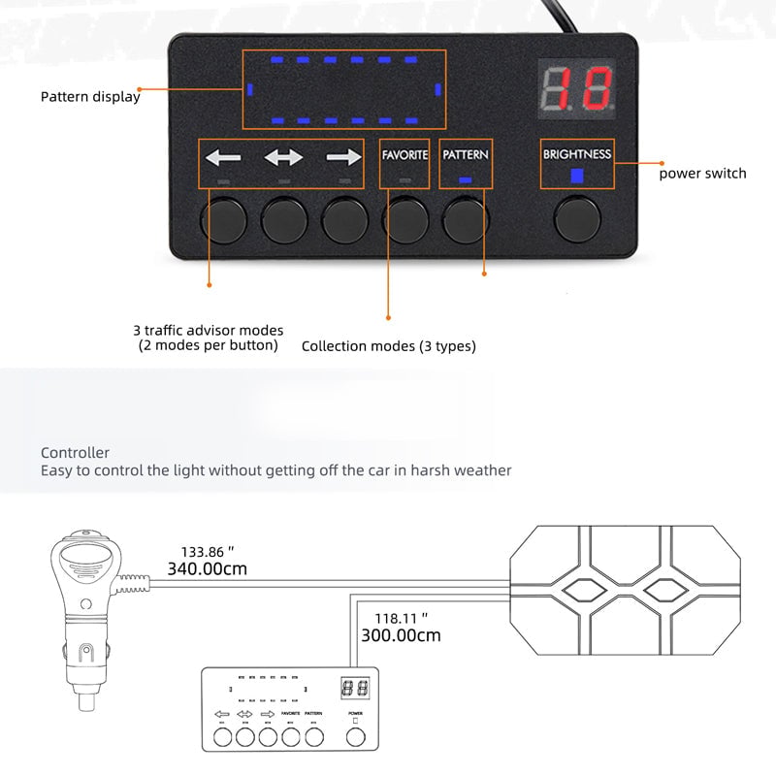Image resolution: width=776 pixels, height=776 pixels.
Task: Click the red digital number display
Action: click(577, 89)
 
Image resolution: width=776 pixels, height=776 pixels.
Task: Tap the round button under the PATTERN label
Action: click(466, 219)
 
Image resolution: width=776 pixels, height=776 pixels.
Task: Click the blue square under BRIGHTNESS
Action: click(577, 176)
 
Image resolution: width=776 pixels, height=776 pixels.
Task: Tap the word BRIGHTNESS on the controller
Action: click(577, 154)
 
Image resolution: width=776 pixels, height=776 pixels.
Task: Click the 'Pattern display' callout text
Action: click(90, 97)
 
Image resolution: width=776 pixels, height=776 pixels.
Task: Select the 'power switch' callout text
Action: click(703, 174)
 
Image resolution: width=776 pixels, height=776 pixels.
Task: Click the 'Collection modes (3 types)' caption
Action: click(389, 346)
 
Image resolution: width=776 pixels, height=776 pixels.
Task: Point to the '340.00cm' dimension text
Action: click(208, 569)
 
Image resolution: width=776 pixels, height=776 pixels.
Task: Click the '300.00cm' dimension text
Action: click(402, 636)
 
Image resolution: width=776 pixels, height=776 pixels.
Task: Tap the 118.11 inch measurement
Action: click(402, 617)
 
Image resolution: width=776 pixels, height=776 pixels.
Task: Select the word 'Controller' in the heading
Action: click(75, 453)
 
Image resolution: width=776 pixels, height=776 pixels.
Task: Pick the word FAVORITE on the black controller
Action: click(404, 155)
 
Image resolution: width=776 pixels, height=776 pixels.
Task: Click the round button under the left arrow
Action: click(222, 219)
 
